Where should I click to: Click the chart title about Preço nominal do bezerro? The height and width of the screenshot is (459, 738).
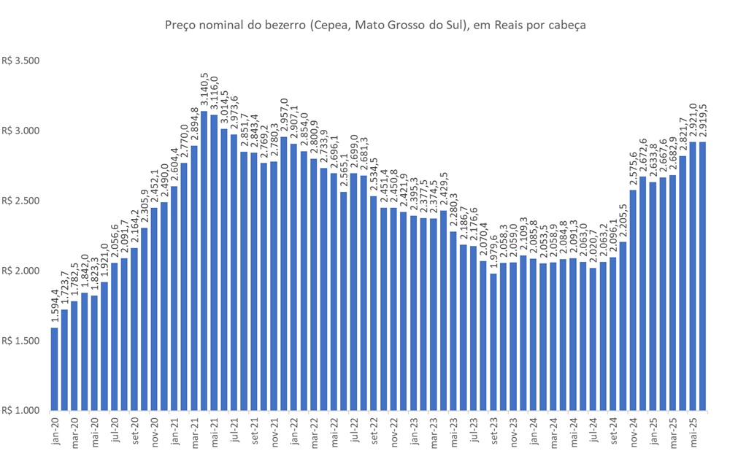tap(376, 25)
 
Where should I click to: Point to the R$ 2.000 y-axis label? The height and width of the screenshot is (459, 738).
tap(22, 271)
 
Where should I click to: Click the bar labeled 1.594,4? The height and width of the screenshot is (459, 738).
tap(55, 369)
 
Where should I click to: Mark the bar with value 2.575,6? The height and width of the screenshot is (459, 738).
tap(632, 300)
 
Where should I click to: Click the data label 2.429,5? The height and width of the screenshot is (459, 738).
tap(443, 190)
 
